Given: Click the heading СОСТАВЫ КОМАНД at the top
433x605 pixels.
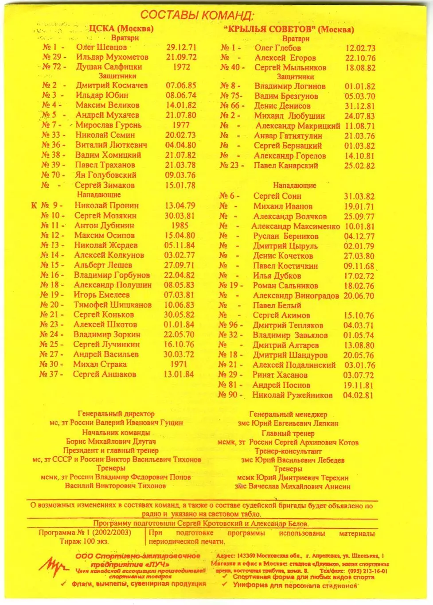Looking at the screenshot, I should pos(197,15).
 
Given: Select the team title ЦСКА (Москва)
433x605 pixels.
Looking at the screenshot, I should pos(121,28).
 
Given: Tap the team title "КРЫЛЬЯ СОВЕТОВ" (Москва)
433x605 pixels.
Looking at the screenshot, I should pos(289,29).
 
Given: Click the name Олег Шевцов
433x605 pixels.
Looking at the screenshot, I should pos(101,47).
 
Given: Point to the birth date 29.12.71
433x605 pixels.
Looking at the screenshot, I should pos(181,47).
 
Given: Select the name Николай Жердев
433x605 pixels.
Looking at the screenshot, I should pos(106,245).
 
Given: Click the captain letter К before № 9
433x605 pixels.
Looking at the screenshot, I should pos(34,206).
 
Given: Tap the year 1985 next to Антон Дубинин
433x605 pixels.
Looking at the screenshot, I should pos(179,225).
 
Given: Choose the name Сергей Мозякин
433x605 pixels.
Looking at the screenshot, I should pos(105,215).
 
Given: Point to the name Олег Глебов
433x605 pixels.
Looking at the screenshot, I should pos(277,48).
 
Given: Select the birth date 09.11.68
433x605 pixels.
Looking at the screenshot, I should pos(359,266).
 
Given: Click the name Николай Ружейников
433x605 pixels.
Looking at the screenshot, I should pos(292,395).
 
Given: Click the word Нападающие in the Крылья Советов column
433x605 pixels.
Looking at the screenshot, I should pos(294,185).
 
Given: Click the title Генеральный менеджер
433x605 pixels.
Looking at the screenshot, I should pos(288,415).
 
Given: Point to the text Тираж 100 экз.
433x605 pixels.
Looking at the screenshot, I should pos(84,541).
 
